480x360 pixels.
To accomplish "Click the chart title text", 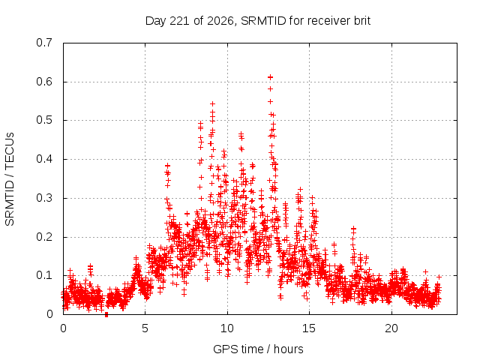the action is click(258, 21).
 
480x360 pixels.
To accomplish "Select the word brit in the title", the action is click(362, 21).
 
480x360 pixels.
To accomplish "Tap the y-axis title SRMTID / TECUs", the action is click(10, 179).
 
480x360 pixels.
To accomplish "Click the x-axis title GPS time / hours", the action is click(258, 349).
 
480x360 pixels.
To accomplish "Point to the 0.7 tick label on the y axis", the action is click(44, 43).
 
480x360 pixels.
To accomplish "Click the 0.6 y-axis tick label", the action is click(44, 82).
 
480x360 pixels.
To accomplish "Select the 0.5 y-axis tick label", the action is click(44, 120).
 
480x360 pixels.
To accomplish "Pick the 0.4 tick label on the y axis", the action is click(44, 159).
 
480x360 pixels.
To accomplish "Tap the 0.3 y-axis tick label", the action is click(44, 198).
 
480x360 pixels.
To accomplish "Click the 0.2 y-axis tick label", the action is click(44, 237).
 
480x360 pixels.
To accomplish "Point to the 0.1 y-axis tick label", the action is click(44, 275).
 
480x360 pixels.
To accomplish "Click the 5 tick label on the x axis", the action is click(145, 328).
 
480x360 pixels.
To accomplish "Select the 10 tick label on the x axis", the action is click(227, 328).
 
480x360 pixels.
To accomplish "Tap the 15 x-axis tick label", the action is click(309, 328).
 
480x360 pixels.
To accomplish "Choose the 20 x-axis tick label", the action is click(391, 328).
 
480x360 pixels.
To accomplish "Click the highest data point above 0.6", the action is click(270, 77).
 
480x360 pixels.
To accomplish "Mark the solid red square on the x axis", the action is click(106, 315).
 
